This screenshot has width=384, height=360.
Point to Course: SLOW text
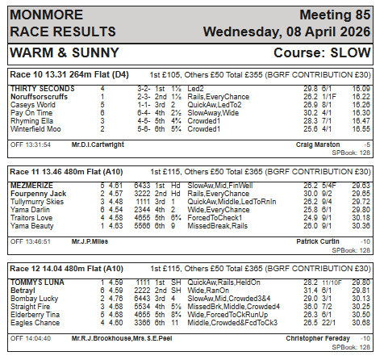(323, 52)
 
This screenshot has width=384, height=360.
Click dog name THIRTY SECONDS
(43, 87)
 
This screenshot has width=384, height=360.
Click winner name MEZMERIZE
(31, 184)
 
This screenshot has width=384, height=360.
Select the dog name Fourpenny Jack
(38, 195)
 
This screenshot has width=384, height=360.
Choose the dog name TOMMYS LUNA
(37, 281)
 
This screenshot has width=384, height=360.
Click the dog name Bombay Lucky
(34, 299)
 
